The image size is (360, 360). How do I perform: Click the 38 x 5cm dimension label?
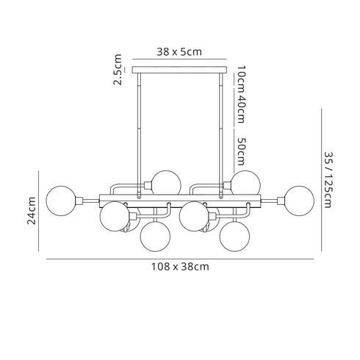click(180, 52)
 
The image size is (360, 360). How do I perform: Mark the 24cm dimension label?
click(32, 211)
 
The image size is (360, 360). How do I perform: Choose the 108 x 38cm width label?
click(180, 267)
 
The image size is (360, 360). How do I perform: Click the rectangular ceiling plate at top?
click(180, 71)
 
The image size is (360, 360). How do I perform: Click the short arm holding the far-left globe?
click(87, 198)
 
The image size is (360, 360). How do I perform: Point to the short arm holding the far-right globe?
click(274, 198)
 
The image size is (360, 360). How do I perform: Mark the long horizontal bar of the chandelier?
click(180, 198)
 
